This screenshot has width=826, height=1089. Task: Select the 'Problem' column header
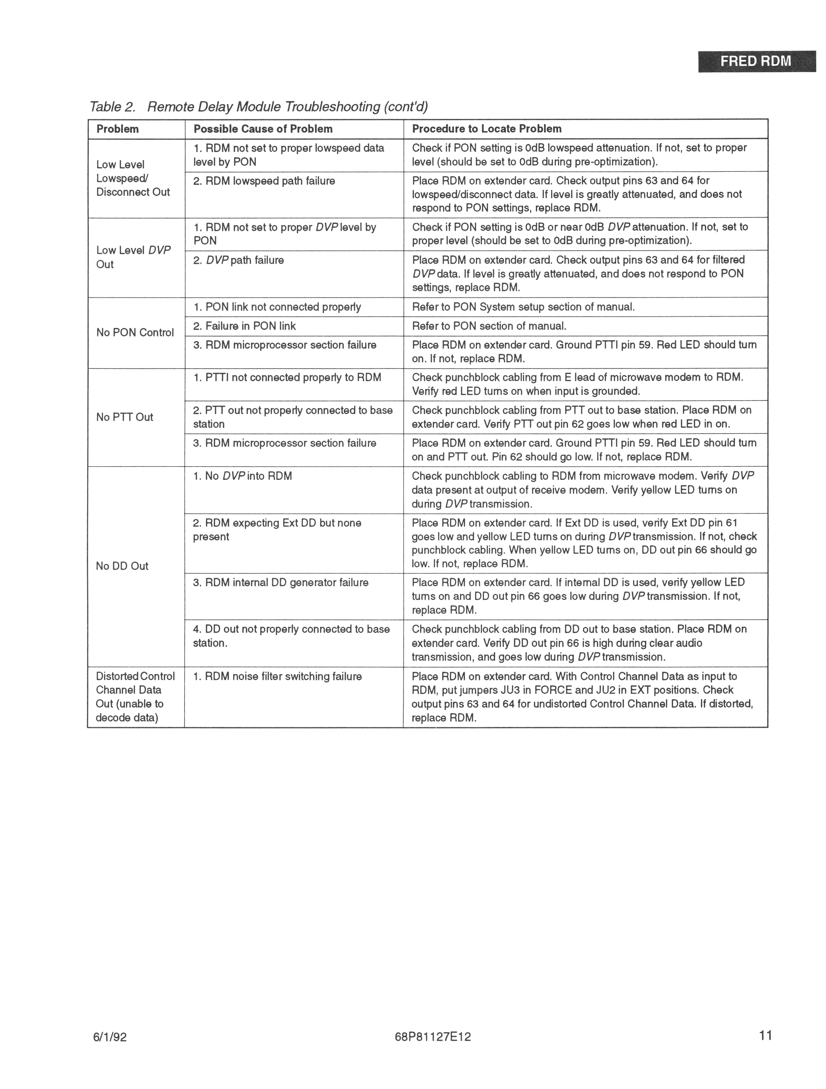118,129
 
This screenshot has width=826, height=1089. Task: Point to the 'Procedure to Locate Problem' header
487,129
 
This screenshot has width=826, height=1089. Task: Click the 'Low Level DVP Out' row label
133,257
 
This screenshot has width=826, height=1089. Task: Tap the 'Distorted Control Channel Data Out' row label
135,697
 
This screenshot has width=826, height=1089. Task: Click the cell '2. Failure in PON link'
244,326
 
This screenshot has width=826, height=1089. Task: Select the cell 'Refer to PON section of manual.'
489,326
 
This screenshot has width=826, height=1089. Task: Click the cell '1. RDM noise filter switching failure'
277,676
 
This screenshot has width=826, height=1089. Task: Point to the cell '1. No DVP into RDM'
242,476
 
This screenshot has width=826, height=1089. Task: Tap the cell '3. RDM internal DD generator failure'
280,582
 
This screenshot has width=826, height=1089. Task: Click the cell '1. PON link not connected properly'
277,307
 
